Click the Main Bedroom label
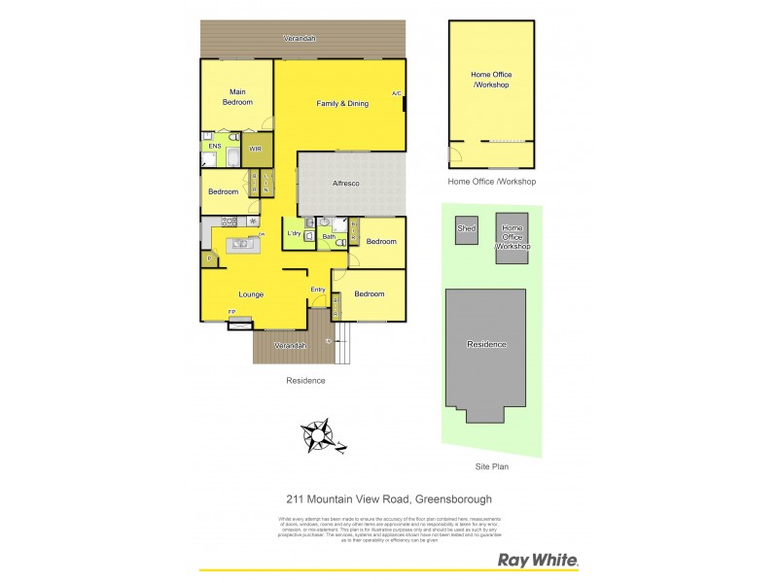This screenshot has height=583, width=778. pyautogui.click(x=236, y=97)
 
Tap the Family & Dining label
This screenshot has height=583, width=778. pyautogui.click(x=342, y=103)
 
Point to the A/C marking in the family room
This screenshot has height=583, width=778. pyautogui.click(x=396, y=93)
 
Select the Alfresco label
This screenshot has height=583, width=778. pyautogui.click(x=347, y=183)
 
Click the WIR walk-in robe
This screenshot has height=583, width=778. pyautogui.click(x=255, y=149)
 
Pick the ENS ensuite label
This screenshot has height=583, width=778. pyautogui.click(x=214, y=147)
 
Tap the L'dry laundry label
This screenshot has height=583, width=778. pyautogui.click(x=293, y=233)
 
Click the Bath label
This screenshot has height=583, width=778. pyautogui.click(x=329, y=236)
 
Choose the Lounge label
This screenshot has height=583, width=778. pyautogui.click(x=252, y=294)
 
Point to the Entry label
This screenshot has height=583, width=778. pyautogui.click(x=318, y=290)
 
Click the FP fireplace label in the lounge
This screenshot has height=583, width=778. pyautogui.click(x=231, y=311)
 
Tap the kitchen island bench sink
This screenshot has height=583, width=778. pyautogui.click(x=238, y=245)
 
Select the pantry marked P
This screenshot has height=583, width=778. pyautogui.click(x=208, y=258)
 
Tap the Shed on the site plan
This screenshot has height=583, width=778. pyautogui.click(x=467, y=229)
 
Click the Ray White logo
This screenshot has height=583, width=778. pyautogui.click(x=538, y=560)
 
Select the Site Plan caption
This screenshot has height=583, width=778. pyautogui.click(x=491, y=466)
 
